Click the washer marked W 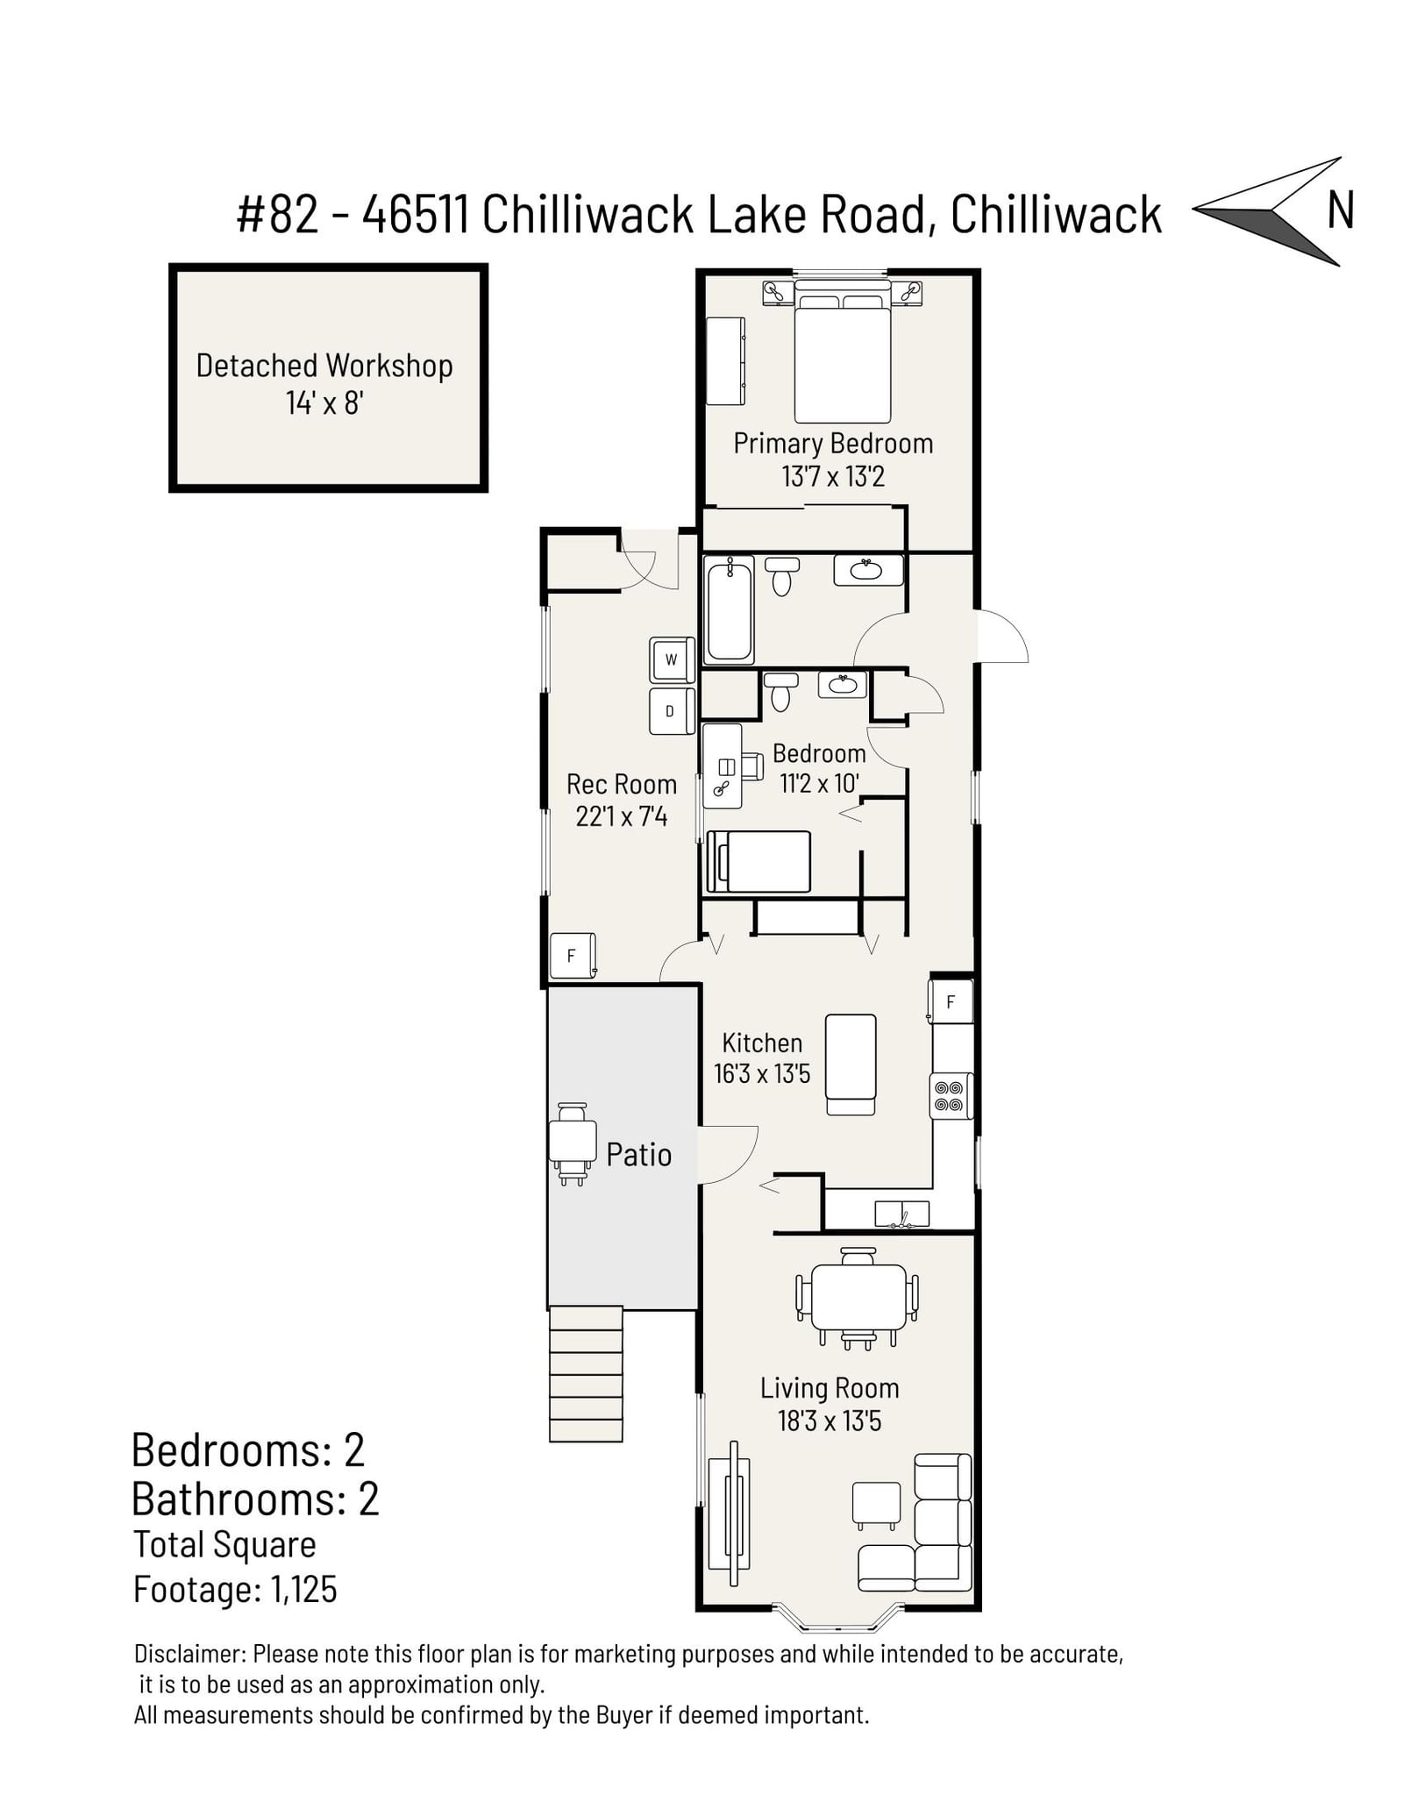point(672,659)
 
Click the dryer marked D point(672,711)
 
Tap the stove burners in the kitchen point(951,1095)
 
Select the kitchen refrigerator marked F point(951,1001)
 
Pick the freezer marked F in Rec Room point(573,956)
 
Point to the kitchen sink point(902,1214)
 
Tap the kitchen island point(851,1065)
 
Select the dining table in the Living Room point(858,1297)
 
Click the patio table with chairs point(572,1144)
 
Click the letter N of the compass point(1340,210)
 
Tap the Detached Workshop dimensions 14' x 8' point(324,403)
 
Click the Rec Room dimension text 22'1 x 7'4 point(622,817)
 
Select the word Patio point(639,1155)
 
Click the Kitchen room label point(762,1043)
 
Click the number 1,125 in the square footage point(304,1589)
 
